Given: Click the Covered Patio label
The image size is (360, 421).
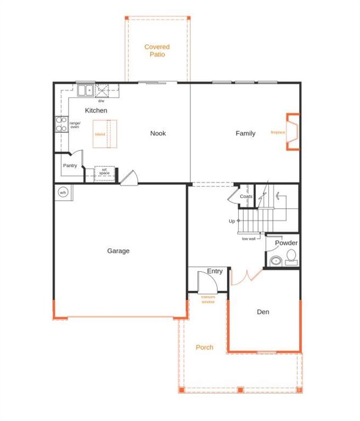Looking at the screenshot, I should pos(157,50).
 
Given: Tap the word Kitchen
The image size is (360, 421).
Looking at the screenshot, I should pos(96,110).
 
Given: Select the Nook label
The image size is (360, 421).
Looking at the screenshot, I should pos(158,133).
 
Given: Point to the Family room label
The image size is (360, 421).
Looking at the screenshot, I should pos(245,133).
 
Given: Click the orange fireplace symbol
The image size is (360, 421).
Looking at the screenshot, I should pos(293,132).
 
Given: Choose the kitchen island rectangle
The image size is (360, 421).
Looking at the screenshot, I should pos(104,134).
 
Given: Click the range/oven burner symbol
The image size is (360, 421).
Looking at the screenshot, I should pos(60,124).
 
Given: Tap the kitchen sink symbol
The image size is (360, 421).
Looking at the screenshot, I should pos(85,90).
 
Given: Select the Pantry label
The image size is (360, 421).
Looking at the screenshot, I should pos(70,166).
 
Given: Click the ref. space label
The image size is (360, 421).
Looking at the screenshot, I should pos(104,172).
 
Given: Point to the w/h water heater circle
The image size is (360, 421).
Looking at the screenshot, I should pos(63,192).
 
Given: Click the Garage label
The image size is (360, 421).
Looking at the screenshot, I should pos(118,251).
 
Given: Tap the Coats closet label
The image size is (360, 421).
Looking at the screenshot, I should pos(246,196).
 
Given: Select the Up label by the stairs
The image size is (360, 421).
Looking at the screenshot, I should pos(232,221).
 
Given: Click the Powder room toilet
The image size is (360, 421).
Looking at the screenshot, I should pos(291,256).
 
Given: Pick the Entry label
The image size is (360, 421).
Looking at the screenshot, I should pos(215,271).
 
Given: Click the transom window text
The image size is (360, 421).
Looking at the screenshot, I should pos(207,299).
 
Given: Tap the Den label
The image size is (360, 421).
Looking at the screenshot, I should pos(263,312).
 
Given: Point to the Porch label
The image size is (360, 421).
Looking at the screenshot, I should pos(204,347).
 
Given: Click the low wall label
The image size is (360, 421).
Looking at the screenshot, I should pos(249,239).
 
